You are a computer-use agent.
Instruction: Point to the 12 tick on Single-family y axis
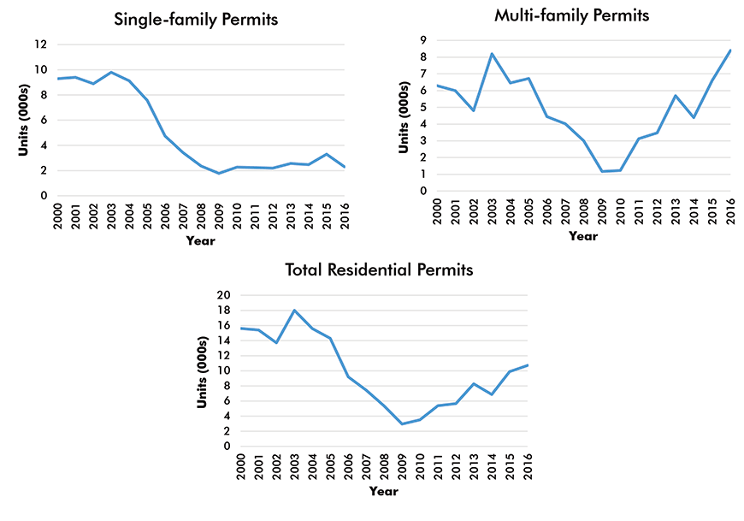pyautogui.click(x=40, y=44)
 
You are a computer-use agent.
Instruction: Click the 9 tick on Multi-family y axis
pyautogui.click(x=422, y=40)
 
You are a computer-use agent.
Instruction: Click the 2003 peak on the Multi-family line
pyautogui.click(x=492, y=53)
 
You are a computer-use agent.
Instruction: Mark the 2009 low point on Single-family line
pyautogui.click(x=219, y=174)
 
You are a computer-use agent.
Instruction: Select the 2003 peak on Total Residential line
pyautogui.click(x=295, y=310)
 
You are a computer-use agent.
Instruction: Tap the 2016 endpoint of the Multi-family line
pyautogui.click(x=729, y=50)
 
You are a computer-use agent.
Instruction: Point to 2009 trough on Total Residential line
pyautogui.click(x=402, y=423)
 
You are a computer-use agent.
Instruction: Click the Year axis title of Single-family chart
pyautogui.click(x=202, y=240)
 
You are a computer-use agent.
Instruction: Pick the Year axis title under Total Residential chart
pyautogui.click(x=383, y=491)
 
